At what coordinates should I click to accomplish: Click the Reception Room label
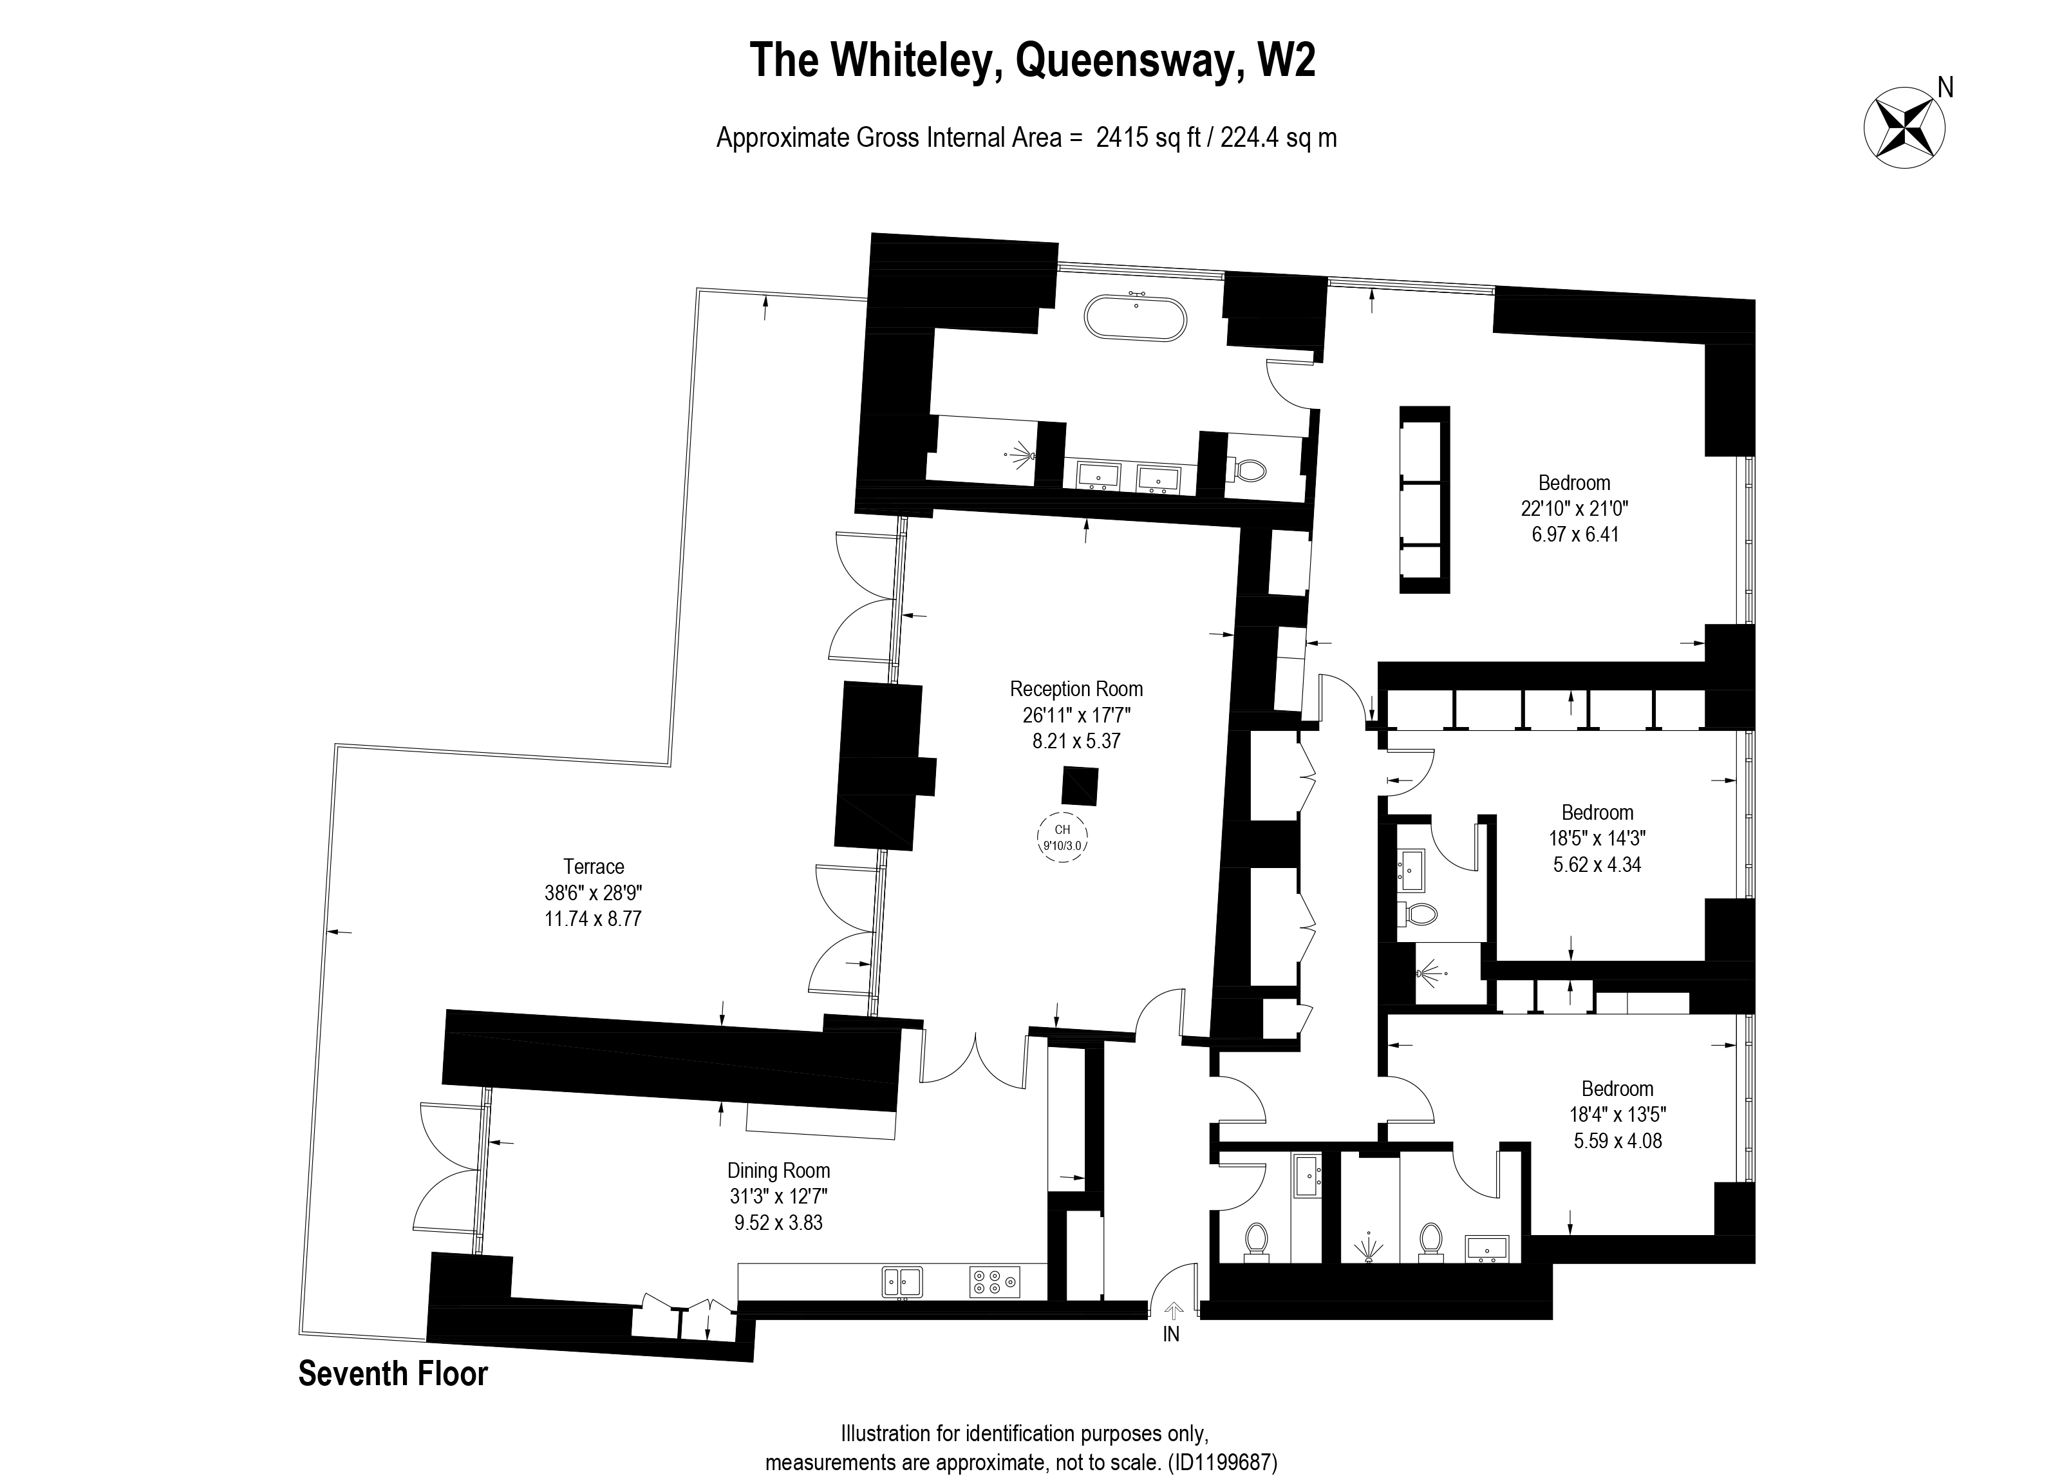coord(1076,689)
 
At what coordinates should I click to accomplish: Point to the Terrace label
coord(594,867)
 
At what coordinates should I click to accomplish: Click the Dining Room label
coord(778,1171)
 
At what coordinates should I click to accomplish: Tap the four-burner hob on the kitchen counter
coord(994,1281)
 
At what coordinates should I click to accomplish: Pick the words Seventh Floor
coord(393,1374)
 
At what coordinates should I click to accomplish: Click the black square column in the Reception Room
coord(1080,786)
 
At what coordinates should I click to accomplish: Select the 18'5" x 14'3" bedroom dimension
coord(1597,838)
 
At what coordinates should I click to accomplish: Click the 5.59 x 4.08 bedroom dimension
coord(1618,1141)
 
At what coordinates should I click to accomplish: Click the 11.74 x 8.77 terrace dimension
coord(594,919)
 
